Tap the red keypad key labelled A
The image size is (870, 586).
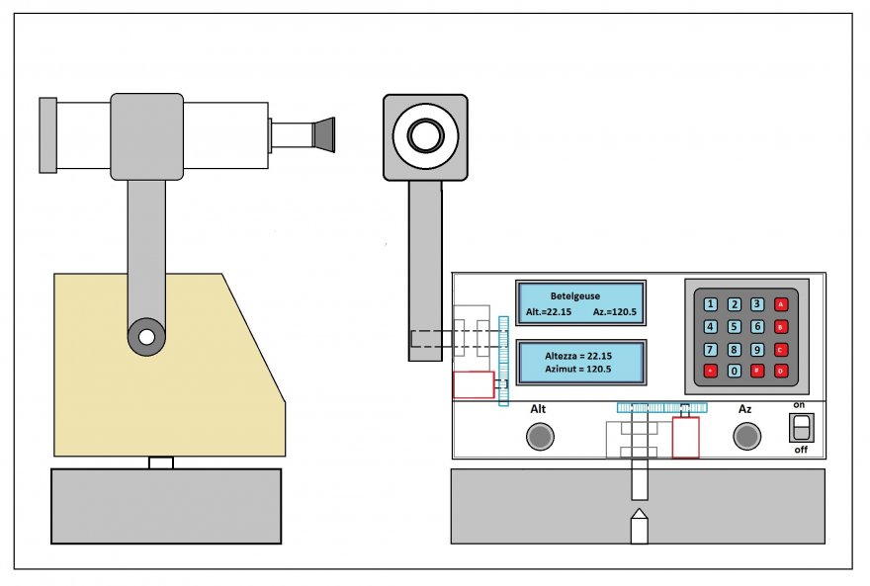781,304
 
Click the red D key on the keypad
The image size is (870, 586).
781,371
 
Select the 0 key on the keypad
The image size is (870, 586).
734,371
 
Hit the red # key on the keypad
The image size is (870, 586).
757,371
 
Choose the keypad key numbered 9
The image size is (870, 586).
757,349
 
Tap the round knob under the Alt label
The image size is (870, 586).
539,436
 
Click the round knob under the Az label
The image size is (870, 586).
745,436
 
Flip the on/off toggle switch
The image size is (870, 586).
802,427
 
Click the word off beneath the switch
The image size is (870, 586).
802,450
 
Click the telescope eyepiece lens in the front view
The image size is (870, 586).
425,136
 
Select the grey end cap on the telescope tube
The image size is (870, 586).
47,134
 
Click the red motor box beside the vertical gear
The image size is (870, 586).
473,384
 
